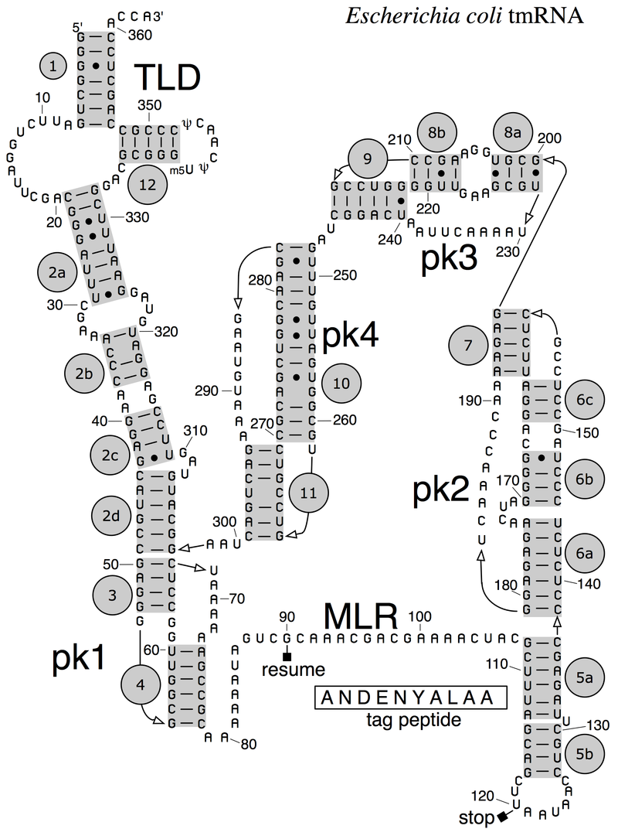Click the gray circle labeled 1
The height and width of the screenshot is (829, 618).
pos(53,67)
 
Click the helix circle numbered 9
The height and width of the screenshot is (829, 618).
pos(368,160)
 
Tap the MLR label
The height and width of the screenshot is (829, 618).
pos(360,616)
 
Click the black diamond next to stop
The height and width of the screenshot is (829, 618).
pos(502,817)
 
